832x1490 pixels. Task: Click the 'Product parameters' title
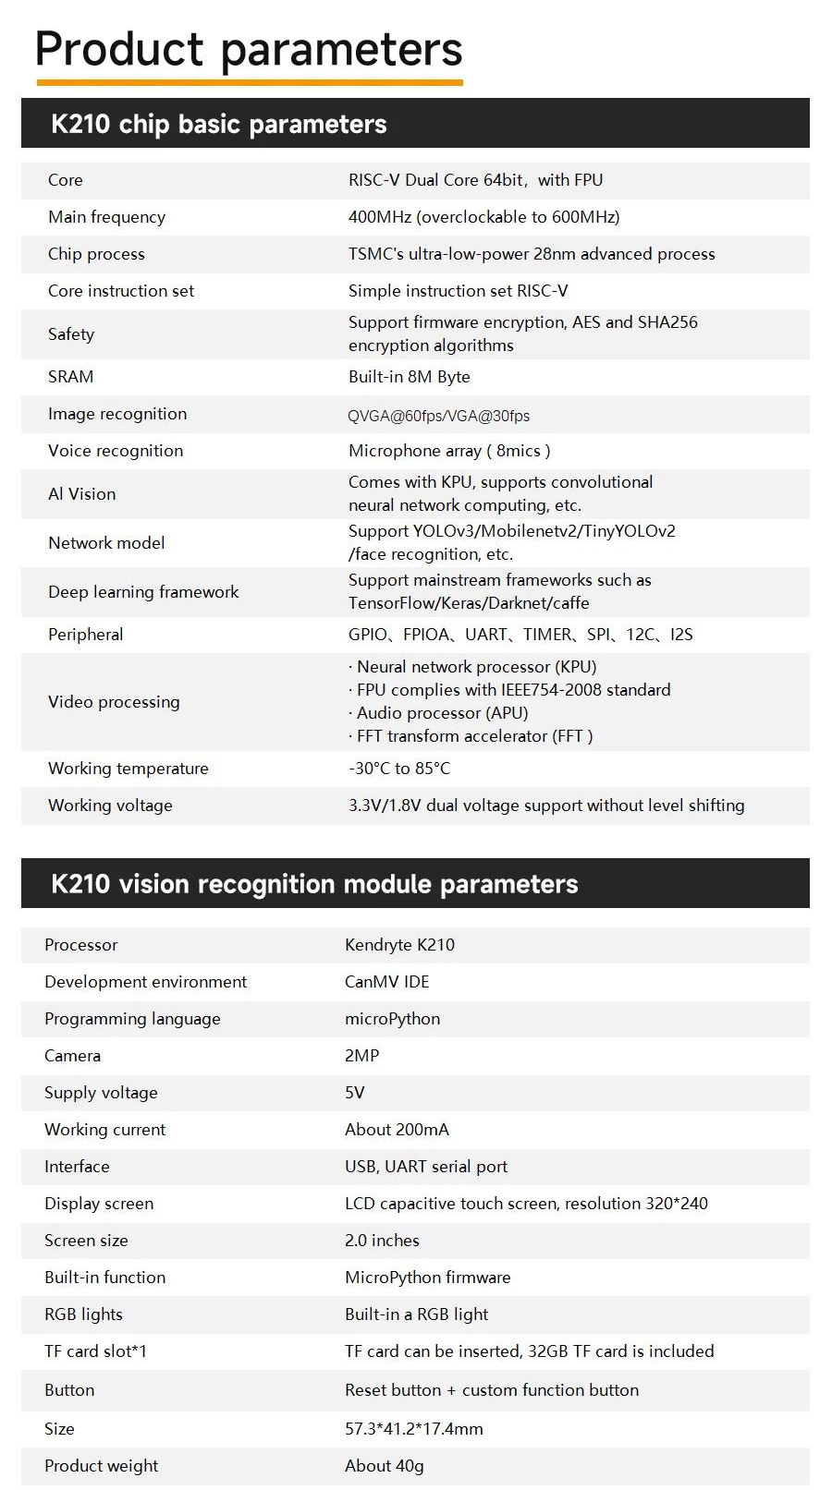tap(248, 49)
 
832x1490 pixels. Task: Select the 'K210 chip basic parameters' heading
tap(218, 124)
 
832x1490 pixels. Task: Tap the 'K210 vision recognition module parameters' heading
tap(314, 884)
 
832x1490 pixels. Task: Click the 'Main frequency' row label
tap(106, 217)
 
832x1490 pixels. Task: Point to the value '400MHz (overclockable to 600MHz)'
tap(483, 217)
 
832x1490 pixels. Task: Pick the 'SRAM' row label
tap(70, 377)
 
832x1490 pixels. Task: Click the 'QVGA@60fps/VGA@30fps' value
tap(438, 416)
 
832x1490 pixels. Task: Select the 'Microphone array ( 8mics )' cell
tap(449, 451)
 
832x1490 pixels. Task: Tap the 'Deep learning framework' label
tap(143, 592)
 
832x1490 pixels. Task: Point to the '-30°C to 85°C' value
tap(399, 769)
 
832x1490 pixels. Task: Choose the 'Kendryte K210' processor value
tap(399, 945)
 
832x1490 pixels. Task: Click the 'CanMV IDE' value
tap(386, 982)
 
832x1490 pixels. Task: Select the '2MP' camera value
tap(361, 1056)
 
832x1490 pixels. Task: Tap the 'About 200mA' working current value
tap(397, 1130)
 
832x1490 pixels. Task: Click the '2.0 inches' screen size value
tap(382, 1241)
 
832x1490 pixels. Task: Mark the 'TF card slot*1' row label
tap(95, 1351)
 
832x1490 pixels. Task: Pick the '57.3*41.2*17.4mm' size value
tap(413, 1429)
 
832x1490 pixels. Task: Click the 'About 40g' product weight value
tap(384, 1466)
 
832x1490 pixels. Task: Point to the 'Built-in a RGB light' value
tap(416, 1314)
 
